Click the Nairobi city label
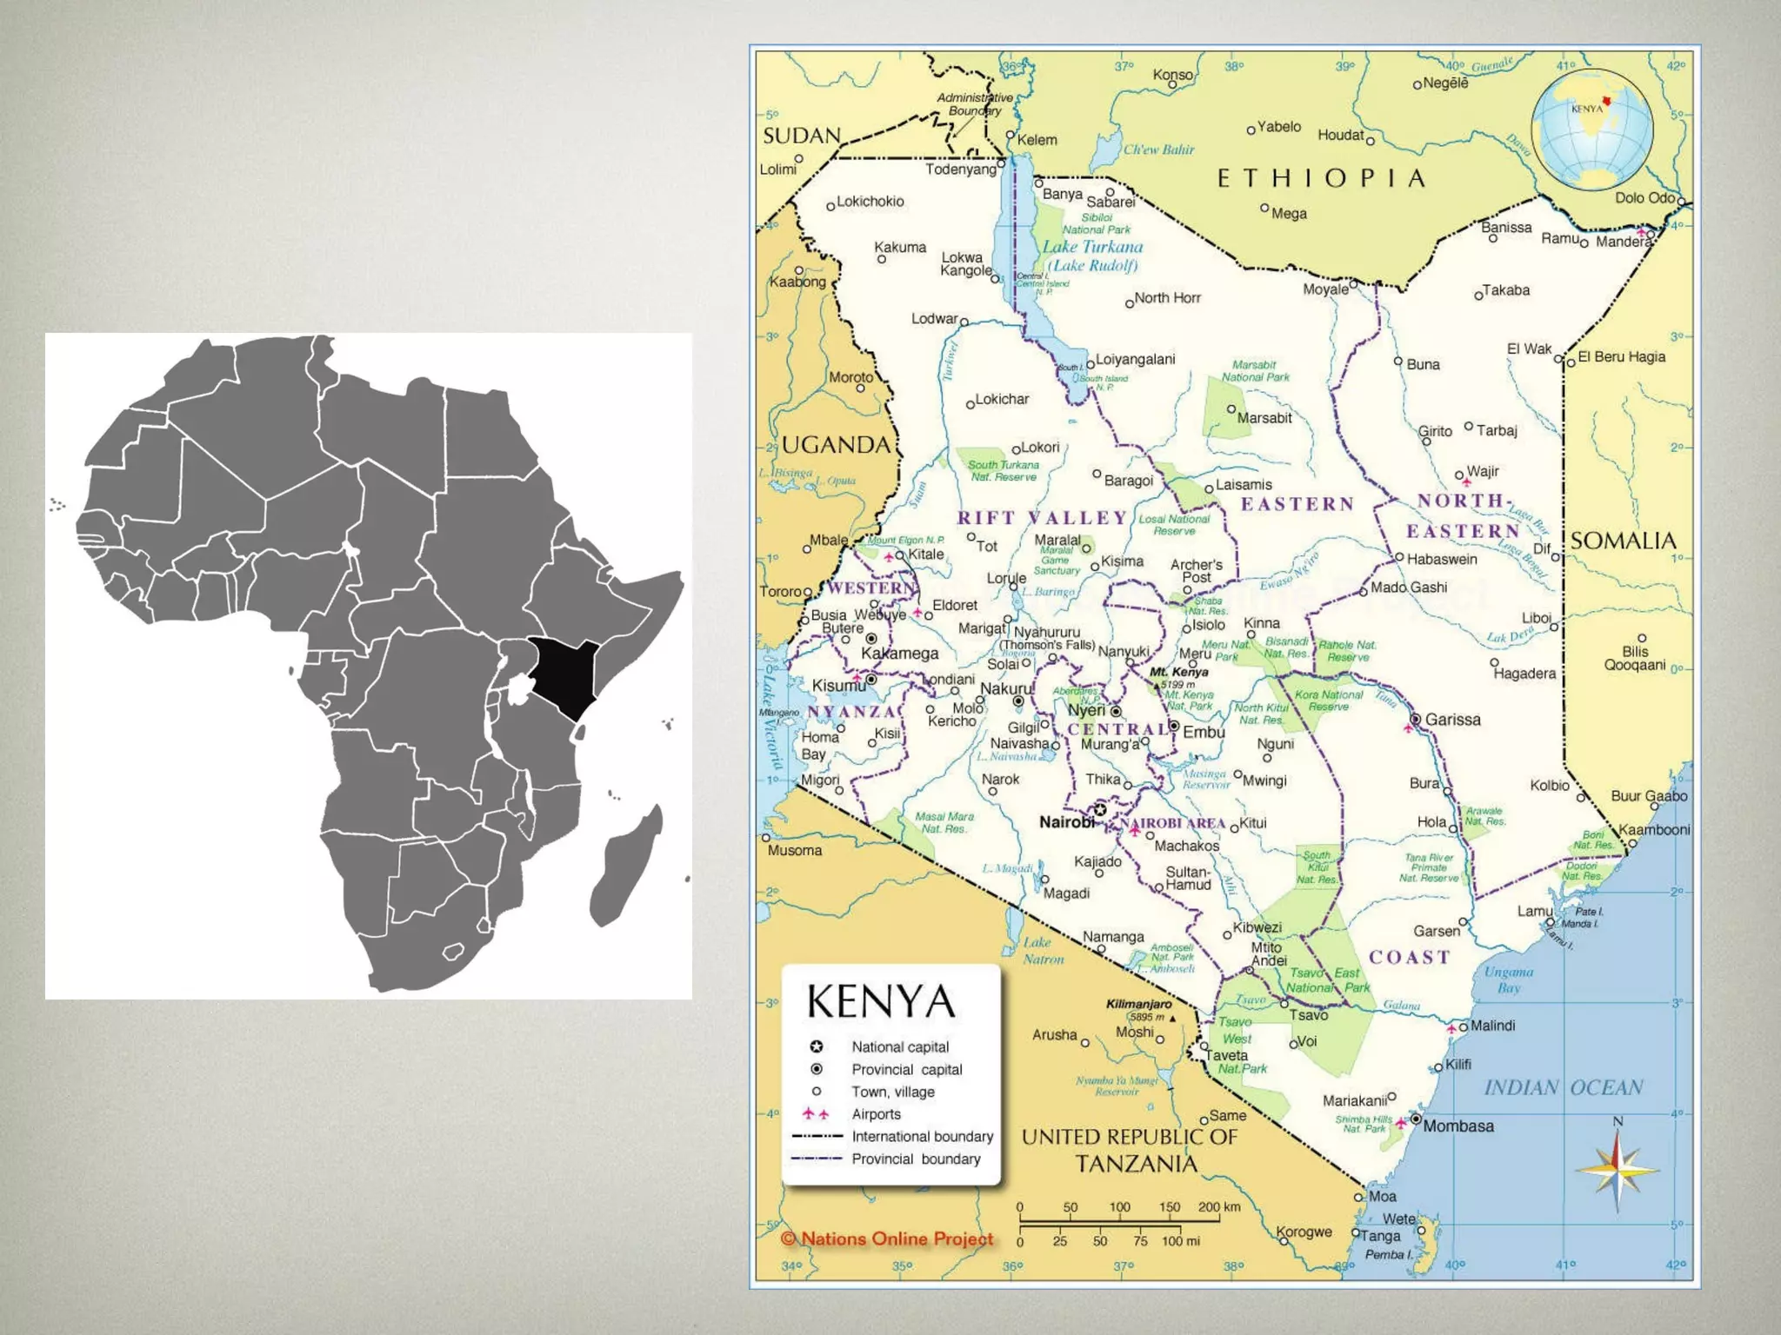click(1067, 822)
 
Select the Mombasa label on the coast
click(1458, 1126)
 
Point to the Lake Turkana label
click(1092, 247)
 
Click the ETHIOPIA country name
click(1321, 179)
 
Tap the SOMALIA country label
click(1623, 541)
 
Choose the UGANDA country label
click(836, 445)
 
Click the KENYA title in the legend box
click(881, 1001)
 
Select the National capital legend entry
click(899, 1047)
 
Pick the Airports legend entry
click(876, 1114)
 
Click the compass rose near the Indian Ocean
click(1617, 1169)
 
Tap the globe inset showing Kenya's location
click(1591, 131)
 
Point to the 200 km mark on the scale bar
click(1218, 1207)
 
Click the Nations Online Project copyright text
click(887, 1239)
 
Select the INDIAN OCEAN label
click(1563, 1088)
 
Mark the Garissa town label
click(1452, 720)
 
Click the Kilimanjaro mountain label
click(1138, 1004)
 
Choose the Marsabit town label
click(1264, 418)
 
